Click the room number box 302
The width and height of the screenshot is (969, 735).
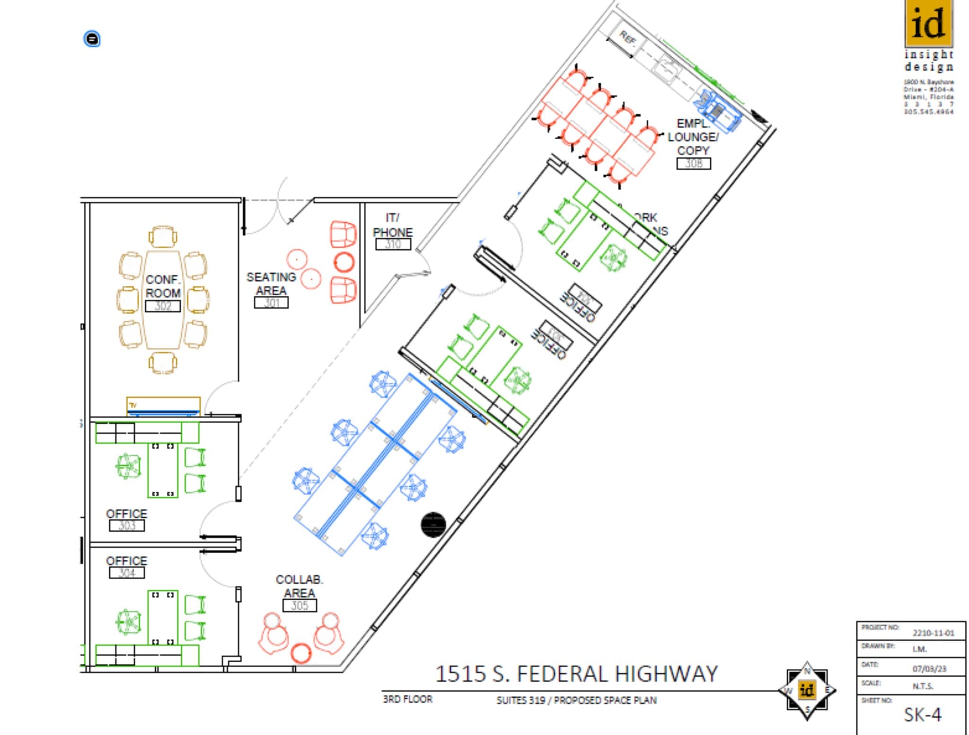coord(162,306)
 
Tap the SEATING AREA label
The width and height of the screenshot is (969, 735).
coord(271,283)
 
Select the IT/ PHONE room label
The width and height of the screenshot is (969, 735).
coord(392,225)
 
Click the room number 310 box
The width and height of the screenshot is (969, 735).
coord(393,244)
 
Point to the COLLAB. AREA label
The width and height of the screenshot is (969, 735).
coord(299,586)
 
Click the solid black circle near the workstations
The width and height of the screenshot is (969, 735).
coord(433,525)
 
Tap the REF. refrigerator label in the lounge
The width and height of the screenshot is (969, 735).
coord(627,38)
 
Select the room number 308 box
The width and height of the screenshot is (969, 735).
coord(693,164)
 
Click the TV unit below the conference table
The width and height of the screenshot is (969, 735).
coord(163,407)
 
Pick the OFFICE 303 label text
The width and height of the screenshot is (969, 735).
coord(126,514)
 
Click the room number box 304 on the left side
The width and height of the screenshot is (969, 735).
coord(126,573)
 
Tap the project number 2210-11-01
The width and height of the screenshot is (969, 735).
coord(933,633)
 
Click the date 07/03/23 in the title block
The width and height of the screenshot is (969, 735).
coord(929,669)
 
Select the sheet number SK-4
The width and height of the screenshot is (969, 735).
coord(922,715)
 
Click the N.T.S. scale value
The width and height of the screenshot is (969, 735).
coord(923,686)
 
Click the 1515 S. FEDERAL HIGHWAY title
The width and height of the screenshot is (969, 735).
coord(576,674)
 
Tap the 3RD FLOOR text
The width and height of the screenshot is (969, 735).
coord(407,699)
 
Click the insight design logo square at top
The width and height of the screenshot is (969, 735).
coord(928,22)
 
